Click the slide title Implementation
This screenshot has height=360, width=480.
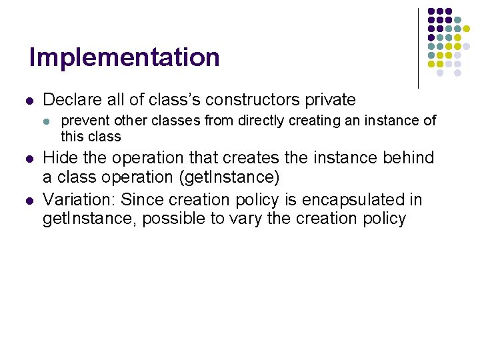(124, 58)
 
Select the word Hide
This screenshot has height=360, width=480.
(58, 158)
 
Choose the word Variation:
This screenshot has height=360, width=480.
(79, 200)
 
